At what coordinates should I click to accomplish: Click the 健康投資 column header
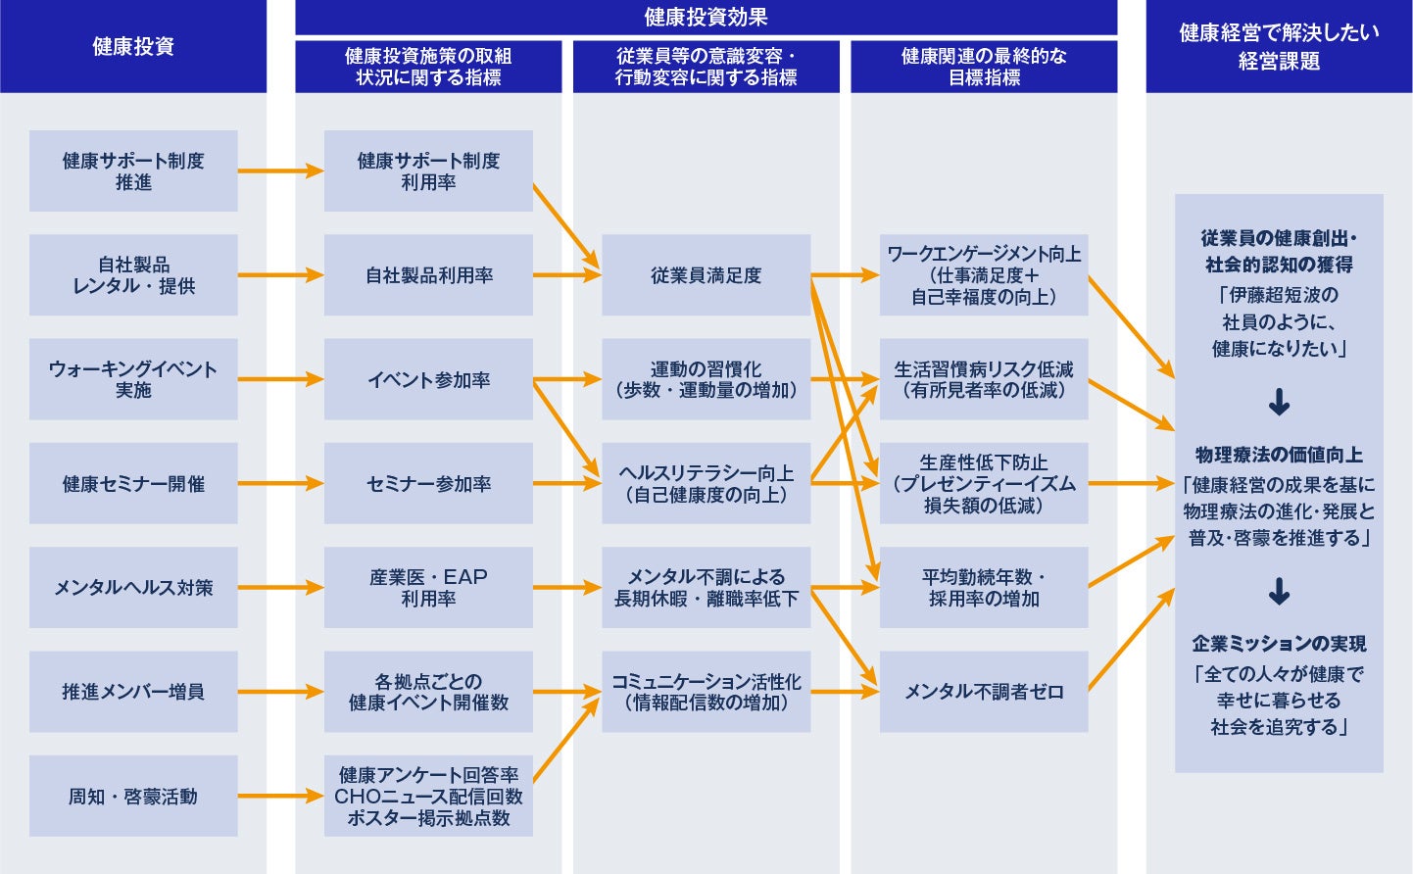click(x=133, y=46)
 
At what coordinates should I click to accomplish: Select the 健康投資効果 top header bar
click(x=706, y=17)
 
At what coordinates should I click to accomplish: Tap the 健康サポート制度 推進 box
click(x=133, y=171)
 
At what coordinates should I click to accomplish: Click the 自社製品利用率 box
click(x=428, y=275)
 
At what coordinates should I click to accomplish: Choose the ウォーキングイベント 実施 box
click(x=133, y=379)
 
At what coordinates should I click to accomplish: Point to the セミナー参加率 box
click(x=428, y=483)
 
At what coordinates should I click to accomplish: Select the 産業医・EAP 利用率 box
click(x=428, y=587)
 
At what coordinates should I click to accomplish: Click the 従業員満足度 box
click(x=706, y=275)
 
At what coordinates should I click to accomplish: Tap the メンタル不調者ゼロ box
click(x=984, y=692)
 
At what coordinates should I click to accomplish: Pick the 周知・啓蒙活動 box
click(x=133, y=796)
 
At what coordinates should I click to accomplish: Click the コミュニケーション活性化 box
click(x=706, y=692)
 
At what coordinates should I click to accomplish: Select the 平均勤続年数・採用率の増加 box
click(x=984, y=587)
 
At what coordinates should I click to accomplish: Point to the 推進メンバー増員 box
click(x=133, y=692)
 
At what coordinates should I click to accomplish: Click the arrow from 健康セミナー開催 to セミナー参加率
click(x=280, y=483)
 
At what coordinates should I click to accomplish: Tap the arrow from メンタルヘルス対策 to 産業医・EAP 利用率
click(x=280, y=588)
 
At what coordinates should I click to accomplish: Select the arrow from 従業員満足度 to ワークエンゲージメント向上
click(x=845, y=275)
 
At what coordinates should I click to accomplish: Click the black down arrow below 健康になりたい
click(x=1279, y=402)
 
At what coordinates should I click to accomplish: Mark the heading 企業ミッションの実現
click(x=1279, y=644)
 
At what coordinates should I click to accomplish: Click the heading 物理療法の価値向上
click(x=1279, y=455)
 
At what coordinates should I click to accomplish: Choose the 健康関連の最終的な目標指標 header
click(x=984, y=67)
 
